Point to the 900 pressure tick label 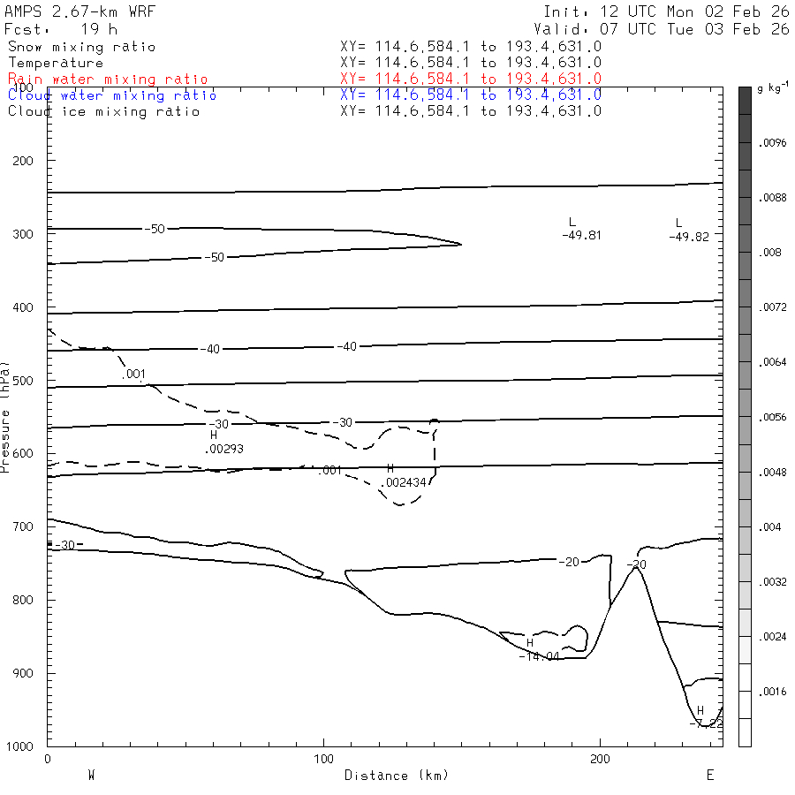tap(24, 674)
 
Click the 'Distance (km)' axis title tap(396, 776)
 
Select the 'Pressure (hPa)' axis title tap(6, 415)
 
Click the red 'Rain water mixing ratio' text tap(108, 79)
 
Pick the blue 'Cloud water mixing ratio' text tap(112, 95)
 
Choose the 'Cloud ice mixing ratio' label tap(104, 111)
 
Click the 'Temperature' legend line tap(56, 64)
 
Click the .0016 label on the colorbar tap(773, 692)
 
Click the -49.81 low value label tap(581, 236)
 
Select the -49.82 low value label tap(689, 237)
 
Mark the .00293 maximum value tap(223, 449)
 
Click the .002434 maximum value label tap(404, 482)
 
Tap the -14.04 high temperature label tap(538, 656)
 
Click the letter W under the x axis tap(91, 775)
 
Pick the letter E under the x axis tap(709, 775)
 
